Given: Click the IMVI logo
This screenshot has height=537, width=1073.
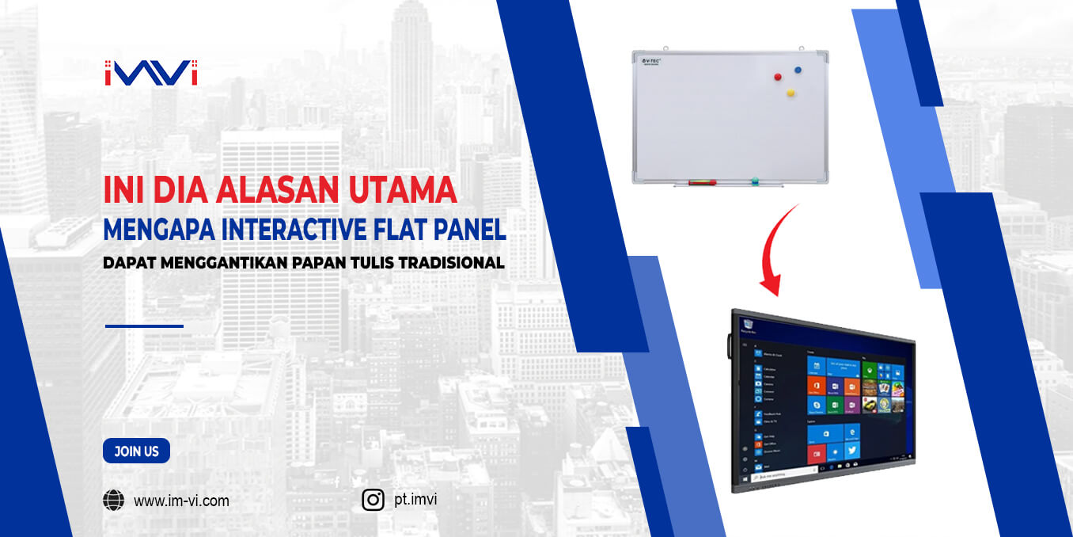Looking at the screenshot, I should click(x=150, y=73).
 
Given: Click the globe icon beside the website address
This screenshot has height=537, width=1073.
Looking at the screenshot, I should click(x=114, y=501).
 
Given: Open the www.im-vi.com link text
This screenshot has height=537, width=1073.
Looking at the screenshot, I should click(x=181, y=501).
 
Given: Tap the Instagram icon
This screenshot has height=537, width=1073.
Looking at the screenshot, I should click(x=373, y=500).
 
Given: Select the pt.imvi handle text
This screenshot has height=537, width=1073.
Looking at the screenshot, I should click(x=415, y=499).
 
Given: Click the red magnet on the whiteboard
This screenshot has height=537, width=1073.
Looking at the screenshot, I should click(x=778, y=78).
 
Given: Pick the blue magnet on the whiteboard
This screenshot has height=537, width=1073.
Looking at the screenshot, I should click(x=798, y=70).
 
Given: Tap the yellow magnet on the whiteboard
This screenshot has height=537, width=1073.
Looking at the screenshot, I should click(x=790, y=93).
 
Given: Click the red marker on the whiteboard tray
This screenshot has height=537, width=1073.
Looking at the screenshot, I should click(x=702, y=182).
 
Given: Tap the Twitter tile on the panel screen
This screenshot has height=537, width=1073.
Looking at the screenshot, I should click(x=851, y=451).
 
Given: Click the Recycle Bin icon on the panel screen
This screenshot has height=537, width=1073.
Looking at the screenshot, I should click(x=746, y=323).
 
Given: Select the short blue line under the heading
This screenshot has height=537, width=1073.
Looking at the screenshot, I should click(x=144, y=326).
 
